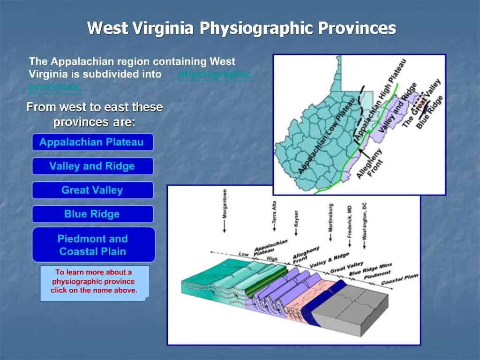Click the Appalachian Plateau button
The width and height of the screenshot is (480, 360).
[92, 142]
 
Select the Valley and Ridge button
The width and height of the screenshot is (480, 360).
[92, 166]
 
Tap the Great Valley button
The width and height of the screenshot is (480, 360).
[92, 190]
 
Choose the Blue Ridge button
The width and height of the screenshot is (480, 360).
[92, 214]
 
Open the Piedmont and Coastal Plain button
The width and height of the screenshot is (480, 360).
[92, 245]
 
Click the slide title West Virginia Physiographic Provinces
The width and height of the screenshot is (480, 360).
[241, 29]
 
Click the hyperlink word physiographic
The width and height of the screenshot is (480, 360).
[214, 74]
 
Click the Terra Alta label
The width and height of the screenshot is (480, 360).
[274, 210]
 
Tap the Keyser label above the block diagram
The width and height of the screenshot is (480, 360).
[296, 217]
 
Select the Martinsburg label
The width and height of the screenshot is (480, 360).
[331, 217]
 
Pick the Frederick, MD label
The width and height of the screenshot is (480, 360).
[349, 222]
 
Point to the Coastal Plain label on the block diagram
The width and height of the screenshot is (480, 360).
[399, 280]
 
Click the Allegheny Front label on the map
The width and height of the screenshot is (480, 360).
[370, 163]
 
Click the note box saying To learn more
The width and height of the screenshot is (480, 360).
[94, 281]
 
